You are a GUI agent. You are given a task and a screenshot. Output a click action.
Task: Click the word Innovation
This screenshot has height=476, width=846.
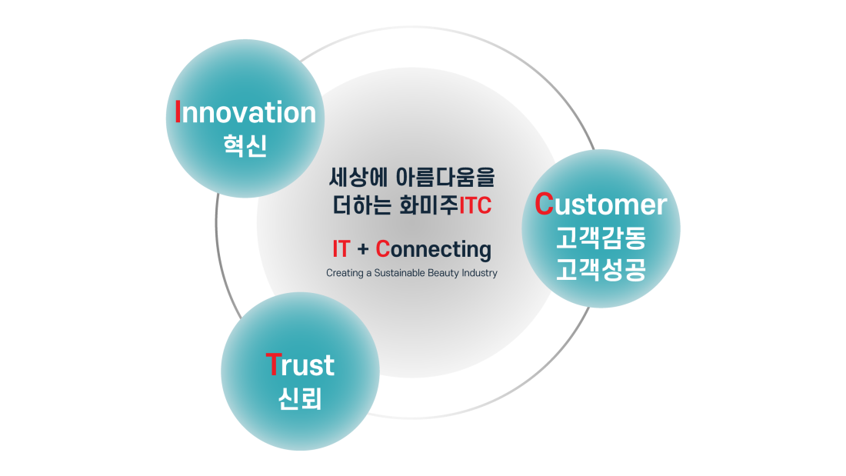coord(245,112)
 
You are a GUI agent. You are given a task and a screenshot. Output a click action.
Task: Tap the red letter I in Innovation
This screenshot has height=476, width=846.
coord(178,112)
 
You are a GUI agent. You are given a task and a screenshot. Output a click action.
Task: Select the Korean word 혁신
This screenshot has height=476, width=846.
coord(245,145)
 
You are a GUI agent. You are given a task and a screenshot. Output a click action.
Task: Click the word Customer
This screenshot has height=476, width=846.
coord(601,204)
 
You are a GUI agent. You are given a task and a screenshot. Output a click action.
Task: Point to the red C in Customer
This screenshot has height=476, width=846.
coord(544,204)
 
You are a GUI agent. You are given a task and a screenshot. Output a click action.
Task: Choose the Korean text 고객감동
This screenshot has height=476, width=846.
coord(601,238)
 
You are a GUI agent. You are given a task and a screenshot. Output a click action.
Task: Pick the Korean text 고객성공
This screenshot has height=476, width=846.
coord(601,269)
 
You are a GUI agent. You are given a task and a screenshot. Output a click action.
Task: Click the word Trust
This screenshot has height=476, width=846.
coord(300,364)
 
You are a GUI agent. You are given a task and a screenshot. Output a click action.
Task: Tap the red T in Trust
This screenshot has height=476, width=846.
coord(274,364)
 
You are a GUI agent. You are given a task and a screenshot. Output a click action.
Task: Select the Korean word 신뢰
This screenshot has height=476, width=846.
coord(300,399)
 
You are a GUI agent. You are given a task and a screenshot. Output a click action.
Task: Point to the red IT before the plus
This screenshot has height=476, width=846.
coord(341,249)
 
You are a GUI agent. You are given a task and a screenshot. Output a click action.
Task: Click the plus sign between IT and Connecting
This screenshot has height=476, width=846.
coord(362,250)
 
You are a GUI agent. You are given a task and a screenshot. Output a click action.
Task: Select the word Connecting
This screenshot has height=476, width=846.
coord(433,250)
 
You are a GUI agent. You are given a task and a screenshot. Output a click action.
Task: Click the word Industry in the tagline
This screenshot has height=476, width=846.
coord(479,273)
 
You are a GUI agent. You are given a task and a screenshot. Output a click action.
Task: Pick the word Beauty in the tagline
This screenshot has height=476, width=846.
coord(443,273)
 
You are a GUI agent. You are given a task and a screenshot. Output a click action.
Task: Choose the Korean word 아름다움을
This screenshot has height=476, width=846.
coord(445,178)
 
